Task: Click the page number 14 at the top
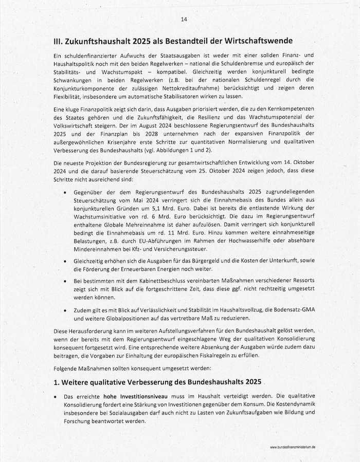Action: pyautogui.click(x=184, y=19)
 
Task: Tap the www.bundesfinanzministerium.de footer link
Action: pyautogui.click(x=292, y=448)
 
